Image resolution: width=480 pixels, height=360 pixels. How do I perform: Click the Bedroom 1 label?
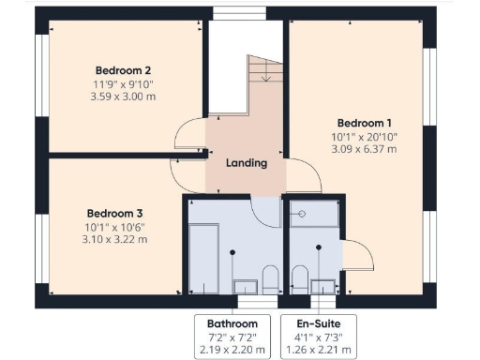pyautogui.click(x=365, y=123)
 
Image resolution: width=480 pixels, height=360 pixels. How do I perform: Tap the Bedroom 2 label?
pyautogui.click(x=124, y=70)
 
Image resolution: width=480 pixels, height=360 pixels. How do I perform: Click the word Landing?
pyautogui.click(x=247, y=162)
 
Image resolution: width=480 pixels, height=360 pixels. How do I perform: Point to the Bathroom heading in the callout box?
pyautogui.click(x=232, y=323)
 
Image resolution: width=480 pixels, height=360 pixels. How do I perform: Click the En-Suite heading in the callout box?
pyautogui.click(x=320, y=323)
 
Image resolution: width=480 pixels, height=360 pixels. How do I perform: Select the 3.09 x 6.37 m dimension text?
pyautogui.click(x=365, y=149)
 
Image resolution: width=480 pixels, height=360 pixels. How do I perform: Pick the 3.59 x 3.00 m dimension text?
pyautogui.click(x=124, y=97)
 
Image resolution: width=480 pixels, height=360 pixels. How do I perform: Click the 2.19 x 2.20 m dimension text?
pyautogui.click(x=232, y=351)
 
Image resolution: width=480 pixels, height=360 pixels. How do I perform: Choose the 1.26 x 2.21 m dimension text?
pyautogui.click(x=320, y=351)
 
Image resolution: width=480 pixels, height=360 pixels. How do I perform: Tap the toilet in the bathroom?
pyautogui.click(x=270, y=276)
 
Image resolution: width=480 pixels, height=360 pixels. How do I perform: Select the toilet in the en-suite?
pyautogui.click(x=298, y=276)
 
